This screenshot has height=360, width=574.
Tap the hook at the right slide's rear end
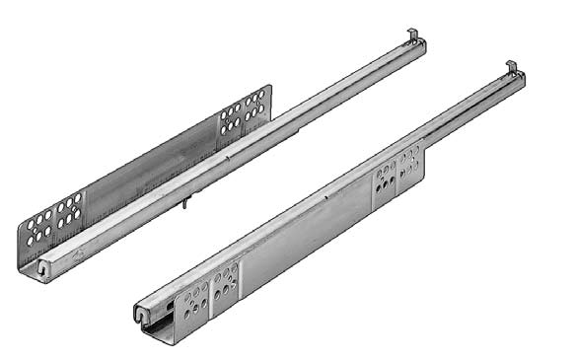pos(513,68)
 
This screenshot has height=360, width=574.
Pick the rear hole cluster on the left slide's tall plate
pos(243,111)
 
